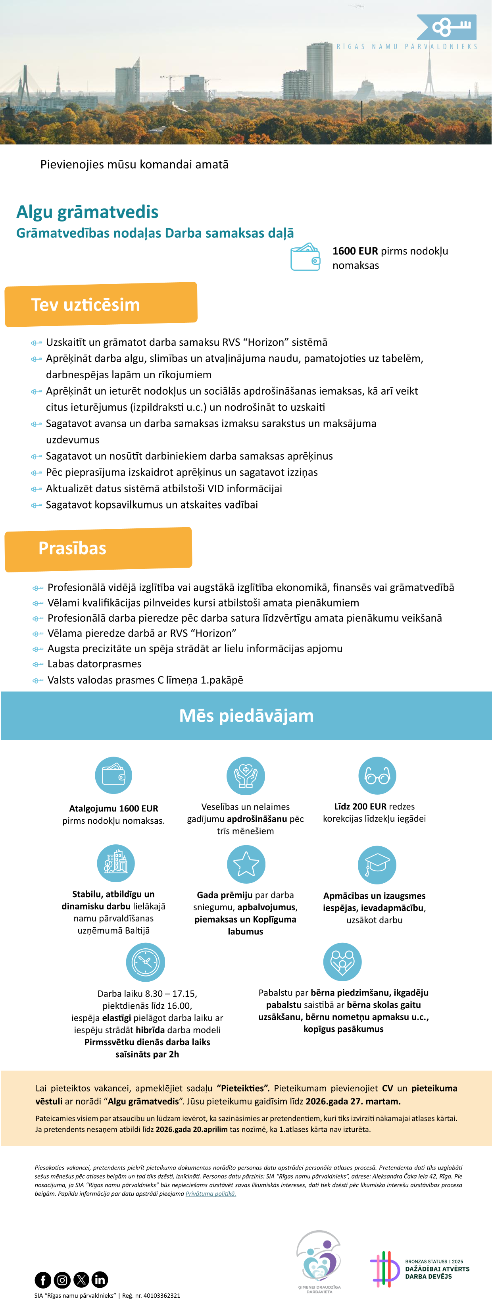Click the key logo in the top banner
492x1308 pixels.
tap(447, 27)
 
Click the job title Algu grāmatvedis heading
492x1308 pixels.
tap(87, 212)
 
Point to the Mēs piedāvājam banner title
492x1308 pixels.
tap(246, 715)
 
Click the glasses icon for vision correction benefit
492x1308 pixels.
tap(377, 775)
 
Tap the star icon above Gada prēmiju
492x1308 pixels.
tap(246, 864)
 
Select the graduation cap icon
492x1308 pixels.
tap(377, 865)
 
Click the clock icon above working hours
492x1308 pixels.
tap(145, 962)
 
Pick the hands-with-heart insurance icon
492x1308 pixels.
tap(246, 775)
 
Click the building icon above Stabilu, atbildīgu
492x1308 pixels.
tap(116, 863)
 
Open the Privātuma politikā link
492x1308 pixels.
tap(211, 1194)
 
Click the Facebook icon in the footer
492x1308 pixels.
tap(43, 1279)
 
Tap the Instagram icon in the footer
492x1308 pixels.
tap(62, 1279)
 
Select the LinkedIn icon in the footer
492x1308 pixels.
tap(100, 1279)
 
